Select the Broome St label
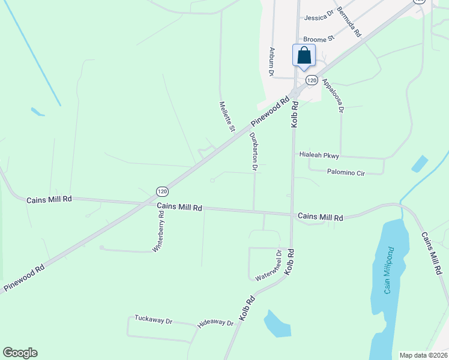tap(319, 40)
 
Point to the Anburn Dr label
tap(272, 62)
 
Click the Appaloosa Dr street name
tap(333, 95)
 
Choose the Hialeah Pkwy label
tap(319, 155)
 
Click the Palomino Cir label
tap(346, 173)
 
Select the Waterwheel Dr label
tap(268, 266)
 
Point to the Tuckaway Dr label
tap(153, 319)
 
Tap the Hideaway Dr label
tap(215, 323)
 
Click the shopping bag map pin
tap(304, 55)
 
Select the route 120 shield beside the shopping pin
tap(311, 80)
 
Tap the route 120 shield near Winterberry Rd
tap(162, 191)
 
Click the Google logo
tap(20, 353)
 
